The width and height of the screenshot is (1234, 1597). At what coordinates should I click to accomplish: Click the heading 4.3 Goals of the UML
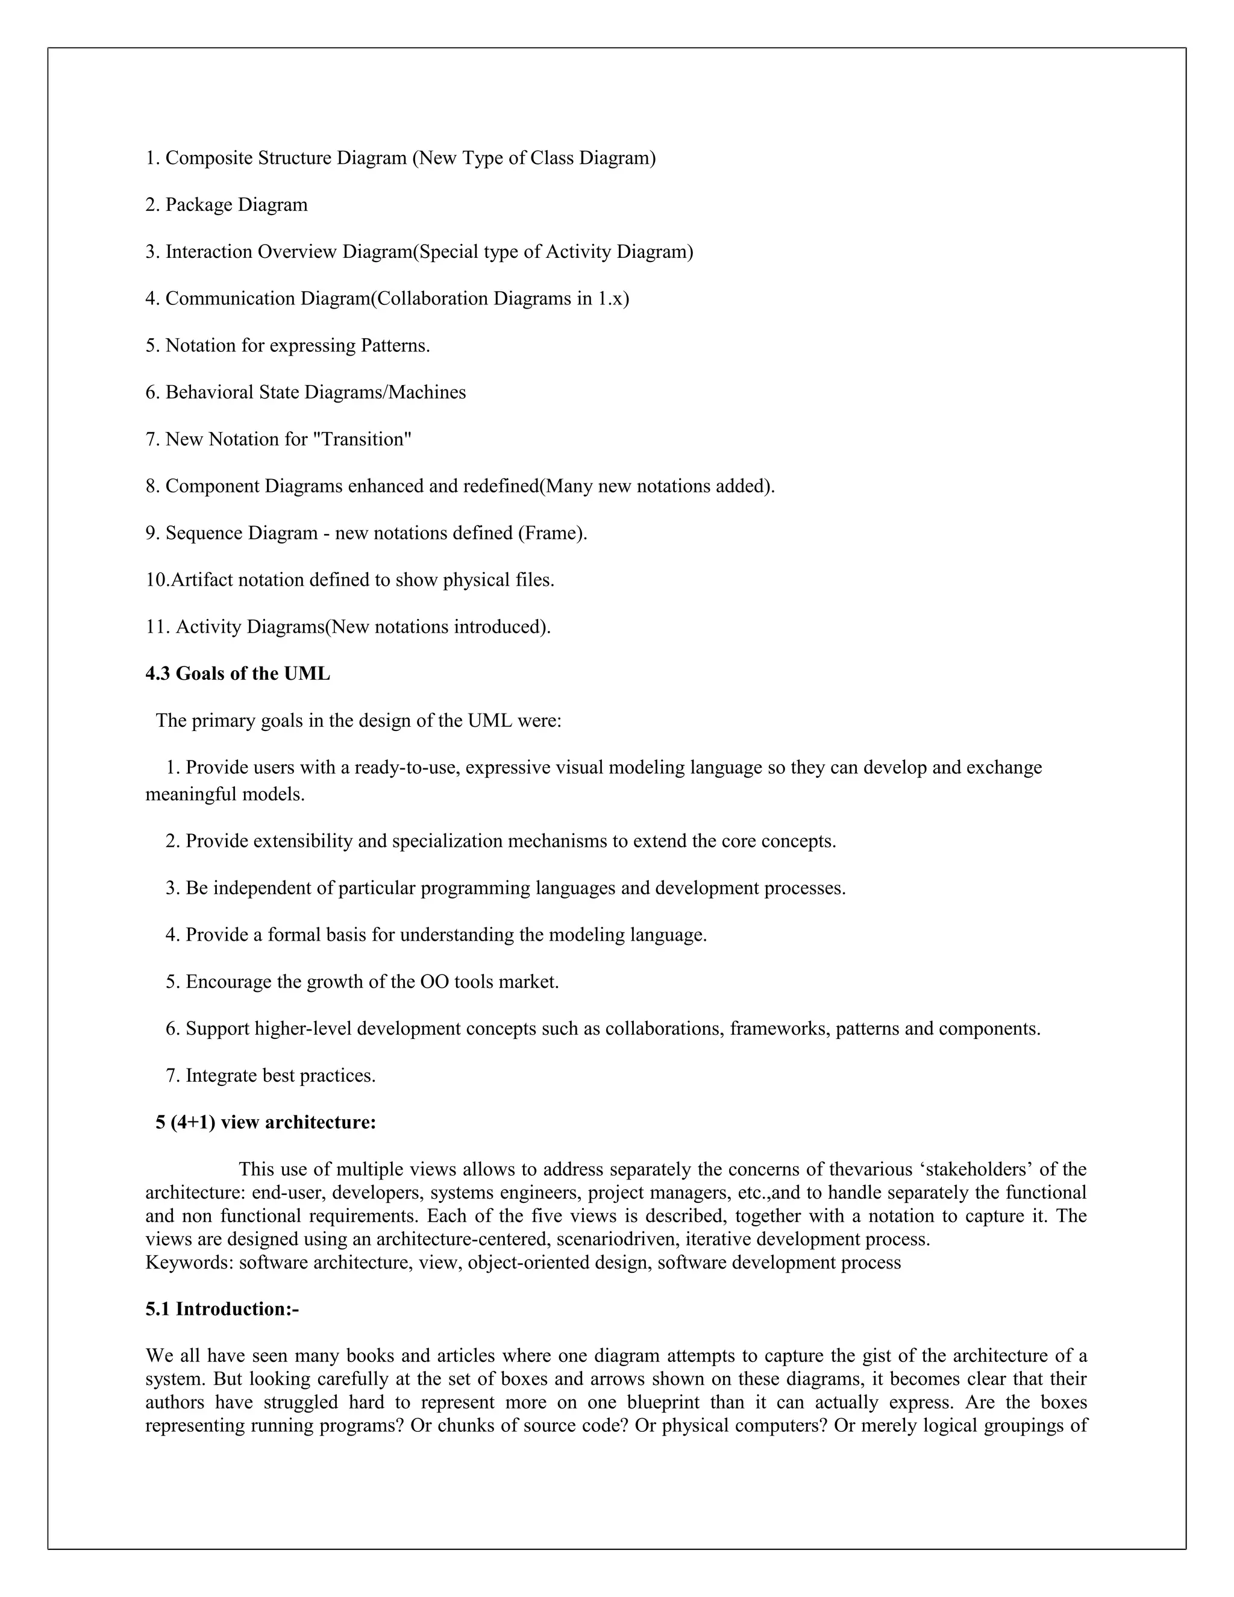(x=237, y=674)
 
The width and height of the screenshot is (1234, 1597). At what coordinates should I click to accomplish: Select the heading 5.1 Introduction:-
(x=222, y=1309)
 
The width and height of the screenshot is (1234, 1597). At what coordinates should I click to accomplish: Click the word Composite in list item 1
(x=208, y=158)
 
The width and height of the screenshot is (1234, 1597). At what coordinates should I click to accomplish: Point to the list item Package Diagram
(x=227, y=205)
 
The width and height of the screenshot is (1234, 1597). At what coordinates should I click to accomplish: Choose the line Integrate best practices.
(x=271, y=1076)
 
